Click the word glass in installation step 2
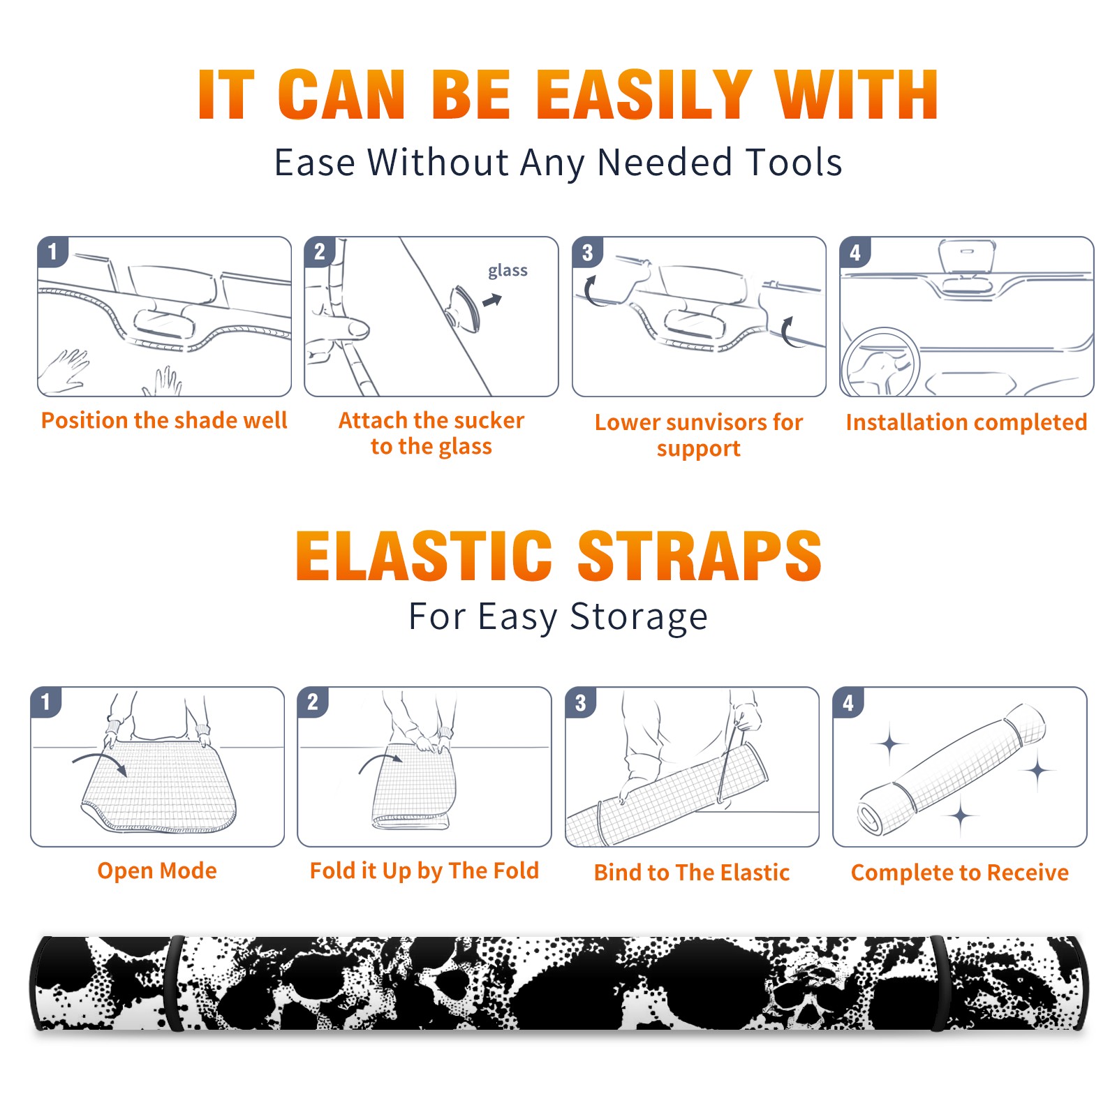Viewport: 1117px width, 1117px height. click(508, 271)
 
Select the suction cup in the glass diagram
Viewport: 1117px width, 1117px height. click(465, 308)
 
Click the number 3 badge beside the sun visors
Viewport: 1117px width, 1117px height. click(586, 252)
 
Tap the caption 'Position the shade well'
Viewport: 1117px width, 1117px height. click(164, 420)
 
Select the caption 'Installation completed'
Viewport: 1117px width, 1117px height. click(966, 422)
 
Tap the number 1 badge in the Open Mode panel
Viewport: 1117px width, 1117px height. click(46, 702)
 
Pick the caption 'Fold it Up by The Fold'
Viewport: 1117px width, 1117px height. click(424, 871)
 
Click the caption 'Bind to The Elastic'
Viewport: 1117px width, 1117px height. click(692, 873)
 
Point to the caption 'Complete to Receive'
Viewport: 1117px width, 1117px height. click(960, 873)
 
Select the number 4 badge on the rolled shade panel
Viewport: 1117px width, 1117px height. click(848, 702)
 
